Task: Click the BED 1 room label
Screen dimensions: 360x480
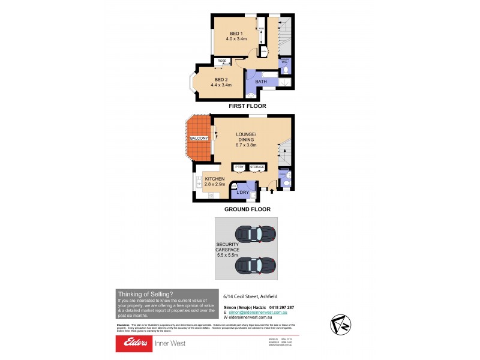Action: [236, 34]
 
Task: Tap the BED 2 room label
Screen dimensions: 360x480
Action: [221, 79]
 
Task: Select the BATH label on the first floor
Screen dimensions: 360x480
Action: [261, 82]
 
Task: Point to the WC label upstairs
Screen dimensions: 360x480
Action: [285, 62]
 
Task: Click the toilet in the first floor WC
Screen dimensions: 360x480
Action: [286, 70]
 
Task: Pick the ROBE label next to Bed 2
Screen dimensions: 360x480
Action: [221, 61]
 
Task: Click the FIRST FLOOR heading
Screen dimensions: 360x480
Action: [247, 106]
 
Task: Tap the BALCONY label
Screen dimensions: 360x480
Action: [199, 139]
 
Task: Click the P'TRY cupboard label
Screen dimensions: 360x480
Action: [239, 167]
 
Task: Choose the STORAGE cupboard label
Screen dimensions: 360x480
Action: [257, 167]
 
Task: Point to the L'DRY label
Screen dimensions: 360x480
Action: [244, 193]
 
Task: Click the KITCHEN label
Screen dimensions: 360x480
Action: [214, 179]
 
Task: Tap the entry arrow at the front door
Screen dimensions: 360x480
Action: [271, 190]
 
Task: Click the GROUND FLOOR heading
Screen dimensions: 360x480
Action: [247, 209]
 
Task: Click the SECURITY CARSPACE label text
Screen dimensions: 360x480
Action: [228, 248]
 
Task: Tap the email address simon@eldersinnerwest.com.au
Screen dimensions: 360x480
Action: [257, 313]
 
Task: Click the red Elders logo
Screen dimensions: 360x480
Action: [136, 343]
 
